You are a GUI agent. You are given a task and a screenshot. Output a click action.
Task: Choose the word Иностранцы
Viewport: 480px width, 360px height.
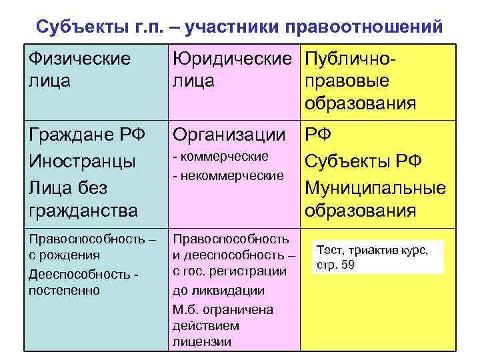[81, 161]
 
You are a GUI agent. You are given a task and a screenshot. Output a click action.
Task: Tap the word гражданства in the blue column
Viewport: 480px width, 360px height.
[83, 211]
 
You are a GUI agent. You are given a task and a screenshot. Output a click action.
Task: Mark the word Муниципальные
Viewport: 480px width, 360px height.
[375, 187]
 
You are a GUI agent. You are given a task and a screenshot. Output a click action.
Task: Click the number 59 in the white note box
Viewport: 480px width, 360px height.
[347, 265]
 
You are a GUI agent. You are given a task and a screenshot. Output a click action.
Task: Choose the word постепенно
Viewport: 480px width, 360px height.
[63, 290]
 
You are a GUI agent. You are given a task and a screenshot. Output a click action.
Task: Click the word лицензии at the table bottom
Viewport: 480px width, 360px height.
[201, 342]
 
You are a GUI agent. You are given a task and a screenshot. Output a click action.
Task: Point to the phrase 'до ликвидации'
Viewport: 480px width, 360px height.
[218, 291]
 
